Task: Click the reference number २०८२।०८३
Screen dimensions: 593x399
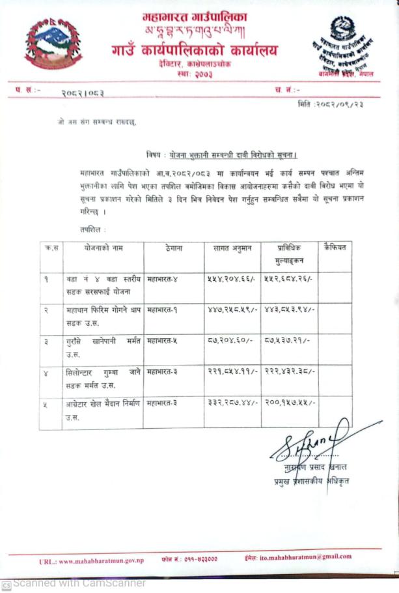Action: point(83,93)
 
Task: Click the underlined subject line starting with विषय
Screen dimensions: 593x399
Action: point(221,154)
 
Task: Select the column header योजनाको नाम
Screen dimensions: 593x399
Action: point(103,248)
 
